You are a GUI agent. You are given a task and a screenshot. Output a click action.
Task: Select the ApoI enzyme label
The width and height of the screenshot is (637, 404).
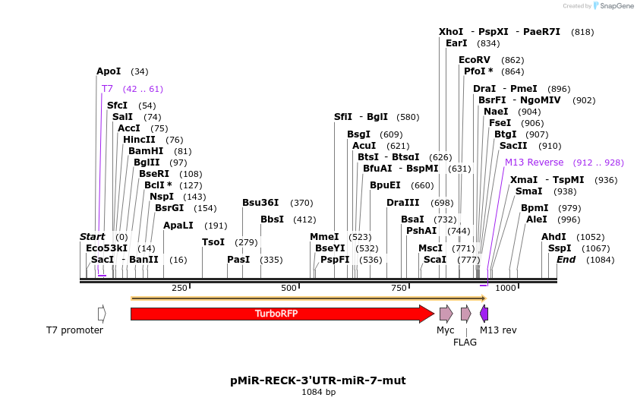point(109,71)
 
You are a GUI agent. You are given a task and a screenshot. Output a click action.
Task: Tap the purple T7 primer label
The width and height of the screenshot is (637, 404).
point(107,89)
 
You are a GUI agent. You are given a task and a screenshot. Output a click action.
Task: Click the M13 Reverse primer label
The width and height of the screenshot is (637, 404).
point(534,163)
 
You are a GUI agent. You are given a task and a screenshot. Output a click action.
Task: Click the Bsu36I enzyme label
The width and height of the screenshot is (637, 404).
point(260,203)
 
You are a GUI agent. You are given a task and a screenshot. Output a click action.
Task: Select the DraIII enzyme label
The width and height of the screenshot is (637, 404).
point(402,203)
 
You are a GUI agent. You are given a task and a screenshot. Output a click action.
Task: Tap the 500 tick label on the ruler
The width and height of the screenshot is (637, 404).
point(289,288)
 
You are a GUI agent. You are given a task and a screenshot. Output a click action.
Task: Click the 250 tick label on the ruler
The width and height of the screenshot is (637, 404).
point(179,288)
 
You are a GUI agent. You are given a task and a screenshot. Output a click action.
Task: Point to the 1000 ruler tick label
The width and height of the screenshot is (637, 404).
point(506,288)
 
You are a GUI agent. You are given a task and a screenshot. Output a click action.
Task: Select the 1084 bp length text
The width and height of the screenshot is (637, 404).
point(318,392)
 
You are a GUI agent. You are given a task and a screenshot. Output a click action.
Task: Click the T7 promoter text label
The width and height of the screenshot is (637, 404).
point(74,330)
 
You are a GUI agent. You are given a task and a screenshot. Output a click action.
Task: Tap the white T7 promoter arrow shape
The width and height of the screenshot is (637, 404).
point(102,313)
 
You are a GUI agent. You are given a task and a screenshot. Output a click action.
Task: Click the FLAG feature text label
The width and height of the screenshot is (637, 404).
point(465,342)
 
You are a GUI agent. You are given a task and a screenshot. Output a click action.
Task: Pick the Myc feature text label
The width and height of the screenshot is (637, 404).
point(446,330)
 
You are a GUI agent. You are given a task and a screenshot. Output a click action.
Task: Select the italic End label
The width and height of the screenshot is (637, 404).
point(566,260)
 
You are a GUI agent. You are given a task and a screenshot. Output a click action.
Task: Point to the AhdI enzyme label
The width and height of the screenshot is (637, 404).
point(553,237)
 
